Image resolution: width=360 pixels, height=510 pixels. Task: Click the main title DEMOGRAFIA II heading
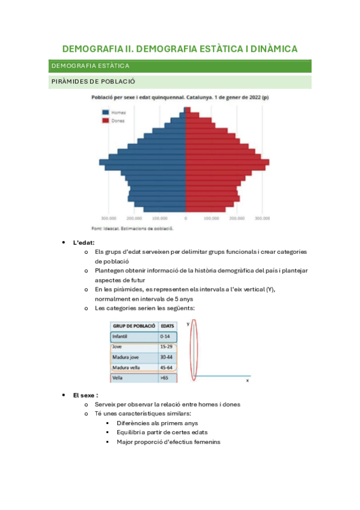pyautogui.click(x=180, y=49)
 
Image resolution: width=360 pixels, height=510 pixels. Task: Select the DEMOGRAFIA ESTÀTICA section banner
pyautogui.click(x=90, y=66)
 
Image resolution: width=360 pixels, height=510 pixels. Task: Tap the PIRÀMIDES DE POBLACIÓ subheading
pyautogui.click(x=93, y=81)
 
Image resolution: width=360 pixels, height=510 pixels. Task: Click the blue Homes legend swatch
pyautogui.click(x=105, y=112)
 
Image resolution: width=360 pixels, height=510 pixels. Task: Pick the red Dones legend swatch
pyautogui.click(x=105, y=121)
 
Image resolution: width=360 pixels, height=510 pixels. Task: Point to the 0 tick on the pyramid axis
pyautogui.click(x=186, y=218)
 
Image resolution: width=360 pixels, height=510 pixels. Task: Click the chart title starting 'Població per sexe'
pyautogui.click(x=180, y=97)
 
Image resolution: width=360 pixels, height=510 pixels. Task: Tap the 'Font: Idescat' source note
pyautogui.click(x=132, y=229)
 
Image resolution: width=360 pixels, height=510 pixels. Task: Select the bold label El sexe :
pyautogui.click(x=85, y=395)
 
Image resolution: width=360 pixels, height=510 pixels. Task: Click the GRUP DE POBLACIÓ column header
pyautogui.click(x=133, y=326)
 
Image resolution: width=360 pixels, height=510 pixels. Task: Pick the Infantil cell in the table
pyautogui.click(x=121, y=337)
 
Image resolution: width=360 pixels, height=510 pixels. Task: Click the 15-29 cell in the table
pyautogui.click(x=166, y=348)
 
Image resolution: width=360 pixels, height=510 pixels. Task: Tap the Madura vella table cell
pyautogui.click(x=127, y=367)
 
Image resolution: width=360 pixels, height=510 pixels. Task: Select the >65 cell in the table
pyautogui.click(x=164, y=378)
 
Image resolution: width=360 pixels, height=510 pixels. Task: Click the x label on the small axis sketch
pyautogui.click(x=248, y=381)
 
